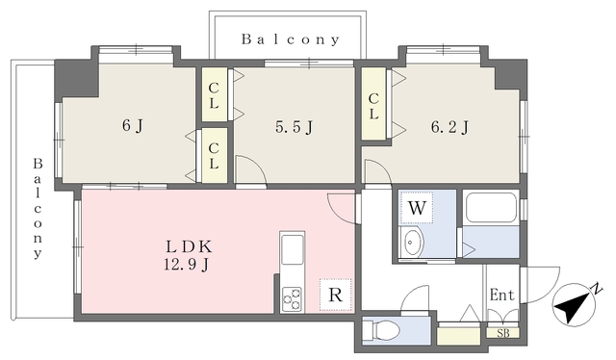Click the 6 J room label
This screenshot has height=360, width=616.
133,126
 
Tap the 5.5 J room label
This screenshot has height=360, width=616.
294,127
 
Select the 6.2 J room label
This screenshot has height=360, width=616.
449,127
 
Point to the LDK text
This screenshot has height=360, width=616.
189,246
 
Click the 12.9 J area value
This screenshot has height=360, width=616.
186,265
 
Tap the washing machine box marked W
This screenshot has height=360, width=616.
417,208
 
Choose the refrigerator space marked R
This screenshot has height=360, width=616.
335,295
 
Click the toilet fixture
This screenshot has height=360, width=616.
381,330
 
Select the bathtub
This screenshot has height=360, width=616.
491,208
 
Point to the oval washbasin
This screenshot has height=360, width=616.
413,242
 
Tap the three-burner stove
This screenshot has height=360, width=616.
292,299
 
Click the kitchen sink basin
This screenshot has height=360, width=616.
293,249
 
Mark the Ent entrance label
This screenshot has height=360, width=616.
501,295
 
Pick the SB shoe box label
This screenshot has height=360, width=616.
503,333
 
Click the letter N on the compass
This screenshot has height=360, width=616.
598,289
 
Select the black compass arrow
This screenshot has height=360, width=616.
575,305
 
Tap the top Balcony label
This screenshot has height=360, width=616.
290,39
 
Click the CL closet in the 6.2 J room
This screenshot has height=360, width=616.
373,104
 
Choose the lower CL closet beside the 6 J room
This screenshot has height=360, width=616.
214,155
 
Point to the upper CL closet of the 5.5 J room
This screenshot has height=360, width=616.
214,94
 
